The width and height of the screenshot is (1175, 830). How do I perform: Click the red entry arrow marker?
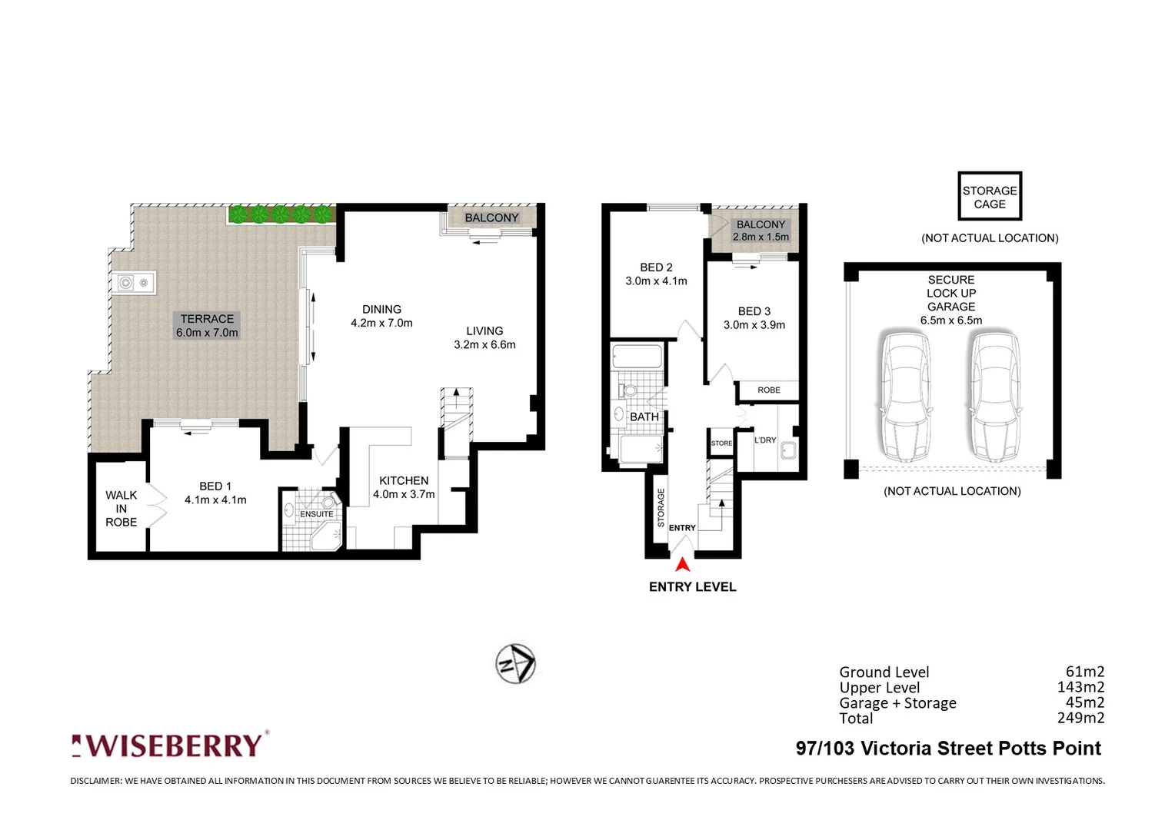[x=682, y=565]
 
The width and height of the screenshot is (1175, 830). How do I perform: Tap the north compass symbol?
[x=515, y=662]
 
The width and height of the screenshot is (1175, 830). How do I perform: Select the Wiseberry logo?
[x=170, y=745]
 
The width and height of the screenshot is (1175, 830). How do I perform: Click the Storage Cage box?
[x=989, y=197]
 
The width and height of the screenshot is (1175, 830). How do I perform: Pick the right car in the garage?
[x=995, y=395]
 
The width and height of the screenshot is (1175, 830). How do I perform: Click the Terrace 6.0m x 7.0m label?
[x=207, y=326]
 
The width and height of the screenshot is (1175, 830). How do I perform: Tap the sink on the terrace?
[x=134, y=283]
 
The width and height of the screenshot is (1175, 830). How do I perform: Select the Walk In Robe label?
[x=121, y=508]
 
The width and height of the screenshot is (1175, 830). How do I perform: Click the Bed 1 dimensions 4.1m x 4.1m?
[x=215, y=500]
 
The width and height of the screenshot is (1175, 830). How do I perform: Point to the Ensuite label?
[x=317, y=514]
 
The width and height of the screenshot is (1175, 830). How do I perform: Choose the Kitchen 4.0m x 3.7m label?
[x=404, y=487]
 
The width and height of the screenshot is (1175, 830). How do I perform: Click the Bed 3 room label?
[x=754, y=317]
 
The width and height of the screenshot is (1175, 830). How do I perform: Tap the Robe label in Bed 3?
[x=768, y=390]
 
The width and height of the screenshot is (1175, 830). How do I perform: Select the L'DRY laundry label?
[x=764, y=440]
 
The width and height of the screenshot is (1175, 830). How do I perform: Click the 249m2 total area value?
[x=1080, y=718]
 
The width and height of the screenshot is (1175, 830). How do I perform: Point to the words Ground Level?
[x=884, y=672]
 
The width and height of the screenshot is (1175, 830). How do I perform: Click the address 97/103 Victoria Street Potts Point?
[x=948, y=749]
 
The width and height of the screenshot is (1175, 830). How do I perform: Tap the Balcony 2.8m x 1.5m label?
[x=761, y=231]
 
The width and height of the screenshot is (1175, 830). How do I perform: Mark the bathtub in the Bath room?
[x=637, y=357]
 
